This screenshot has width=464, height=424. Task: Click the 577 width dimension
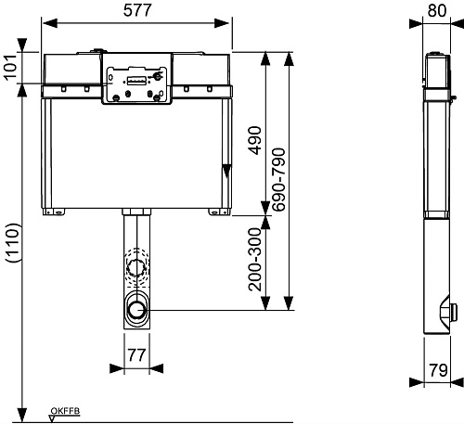coord(137,10)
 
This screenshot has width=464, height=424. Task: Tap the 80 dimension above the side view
coord(437,10)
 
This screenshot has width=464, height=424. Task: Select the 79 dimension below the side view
coord(438,370)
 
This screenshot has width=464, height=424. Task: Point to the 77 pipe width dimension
coord(136,355)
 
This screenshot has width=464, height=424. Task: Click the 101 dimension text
coord(10,68)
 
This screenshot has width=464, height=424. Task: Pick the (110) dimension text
coord(13,243)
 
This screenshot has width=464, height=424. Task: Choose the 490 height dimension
coord(255,140)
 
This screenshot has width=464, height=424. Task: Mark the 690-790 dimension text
coord(278,180)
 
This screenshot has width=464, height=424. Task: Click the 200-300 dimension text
coord(255,259)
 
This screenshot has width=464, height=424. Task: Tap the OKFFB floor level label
coord(65,411)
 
